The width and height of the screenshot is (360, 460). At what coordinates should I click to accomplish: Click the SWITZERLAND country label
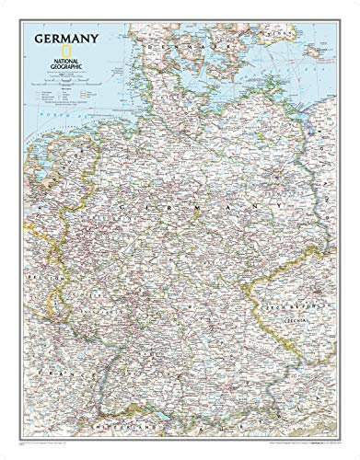click(x=129, y=430)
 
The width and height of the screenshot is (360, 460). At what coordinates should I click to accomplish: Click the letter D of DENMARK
click(x=159, y=42)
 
